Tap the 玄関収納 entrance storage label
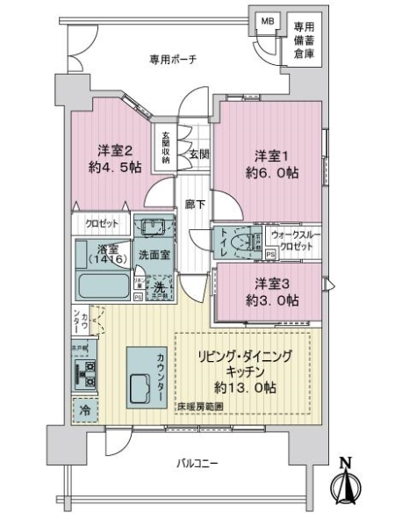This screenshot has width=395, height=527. click(166, 148)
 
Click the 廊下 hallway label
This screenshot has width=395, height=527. click(196, 205)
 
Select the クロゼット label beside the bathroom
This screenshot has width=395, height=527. click(102, 223)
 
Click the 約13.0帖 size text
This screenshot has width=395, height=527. click(247, 387)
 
